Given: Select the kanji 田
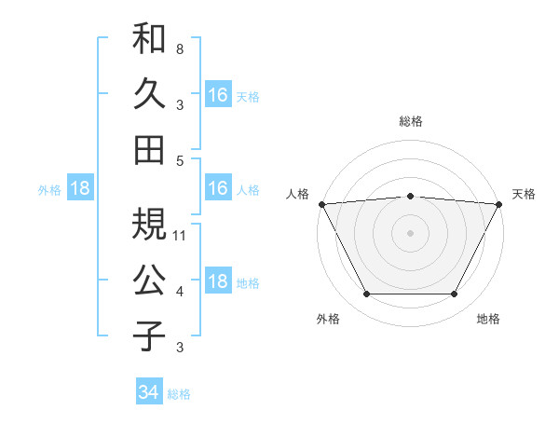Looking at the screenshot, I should coord(149,149).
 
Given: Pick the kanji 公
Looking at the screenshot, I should coord(149,280).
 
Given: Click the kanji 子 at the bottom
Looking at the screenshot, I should coord(149,335).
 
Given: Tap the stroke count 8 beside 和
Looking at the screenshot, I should coord(180,48).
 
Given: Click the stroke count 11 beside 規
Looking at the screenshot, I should coord(181,235).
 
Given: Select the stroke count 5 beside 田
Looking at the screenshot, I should coord(180,160).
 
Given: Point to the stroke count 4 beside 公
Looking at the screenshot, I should coord(180,292).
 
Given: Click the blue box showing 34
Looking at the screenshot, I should coord(148,392).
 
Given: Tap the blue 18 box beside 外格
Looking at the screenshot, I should coord(79,188).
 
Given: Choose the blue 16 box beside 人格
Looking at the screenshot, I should coord(218,188).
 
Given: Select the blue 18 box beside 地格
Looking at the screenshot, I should coord(218,282).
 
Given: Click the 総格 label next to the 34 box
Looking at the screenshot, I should coord(179,394).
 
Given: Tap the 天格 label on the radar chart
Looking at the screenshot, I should coord(524,194).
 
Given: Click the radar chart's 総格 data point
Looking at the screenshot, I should coord(410,196).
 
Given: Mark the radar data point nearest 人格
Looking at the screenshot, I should coord(321,203).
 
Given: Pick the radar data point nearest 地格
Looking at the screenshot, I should coord(455,294).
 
